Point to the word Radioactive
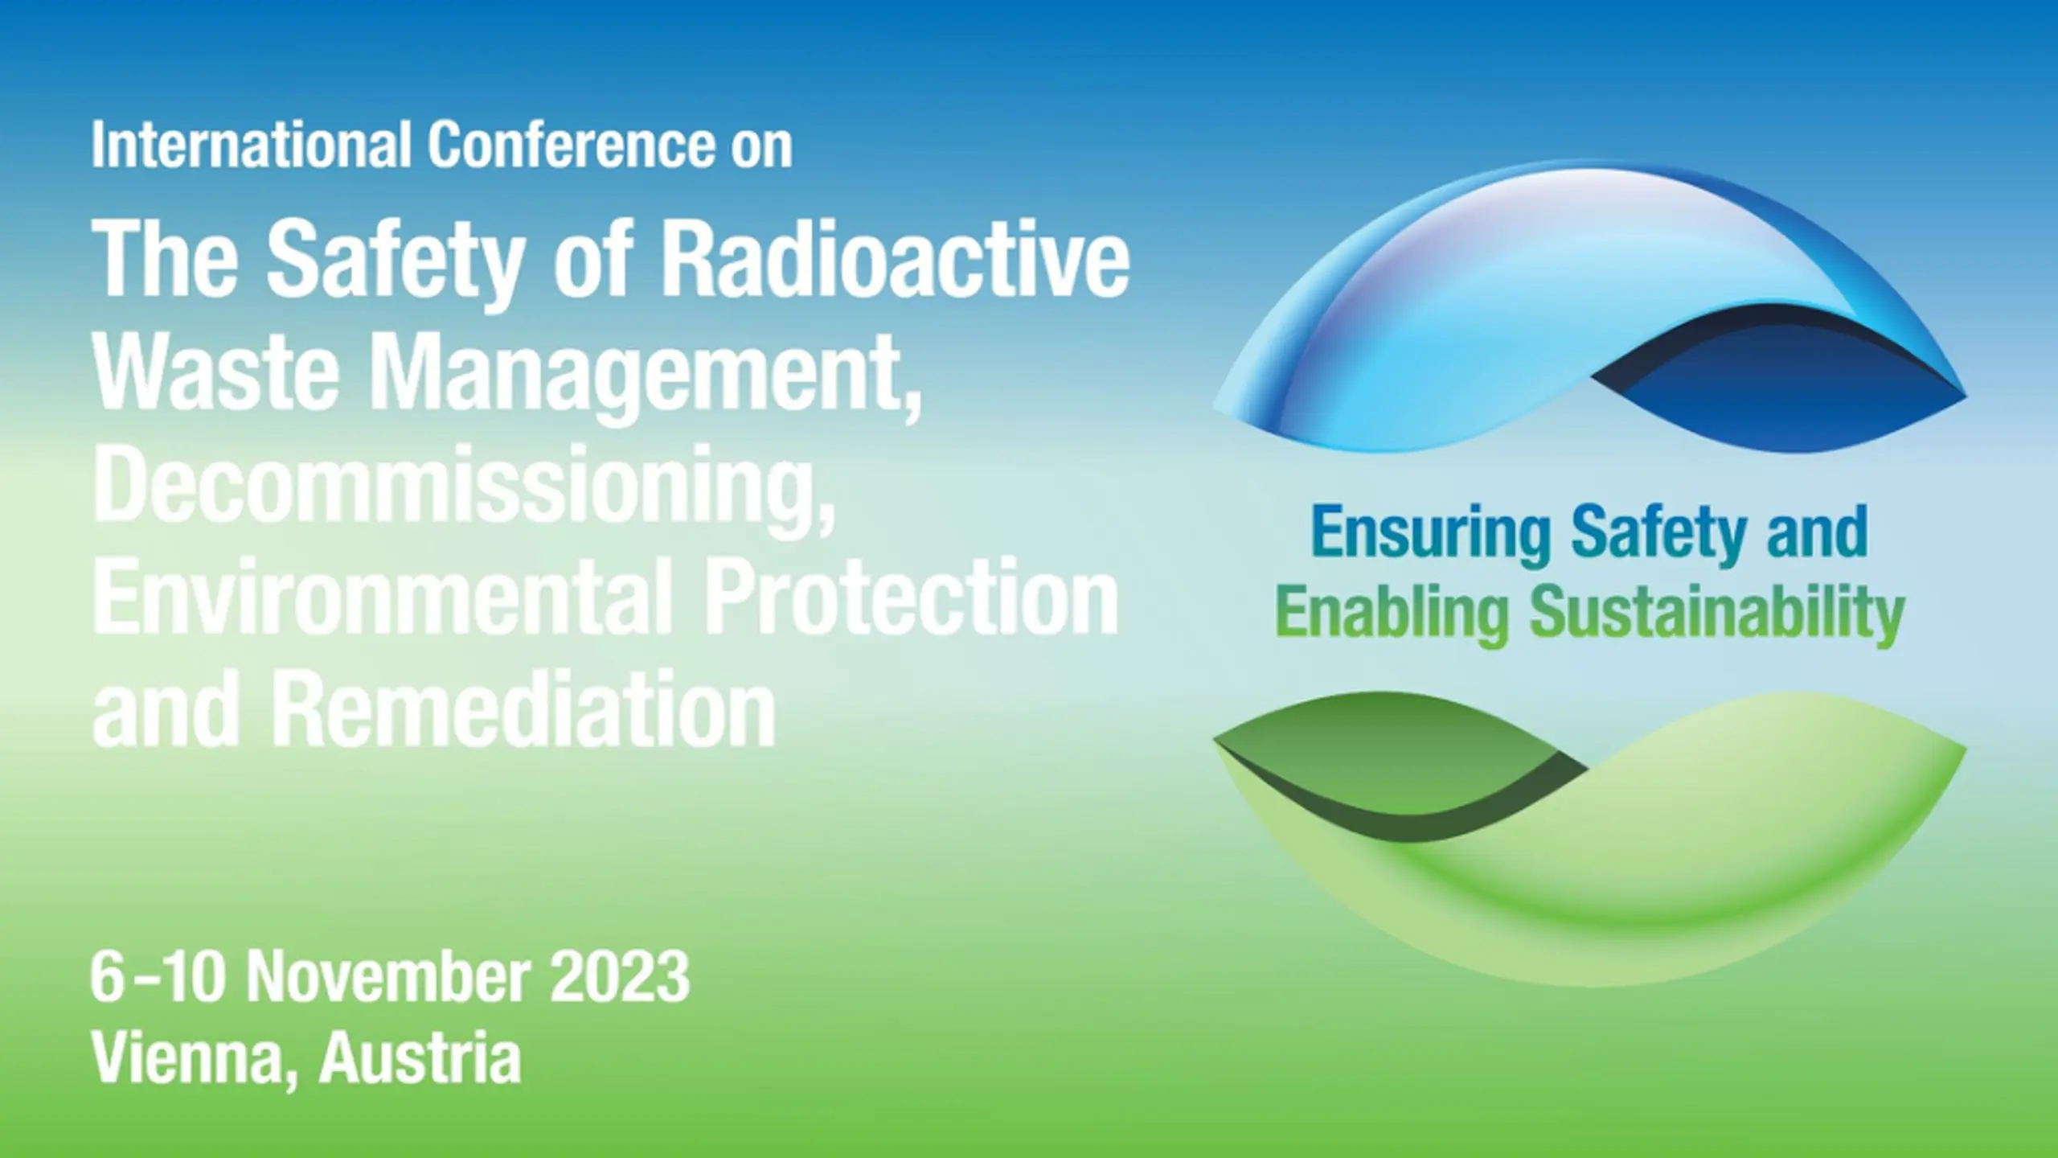click(x=895, y=259)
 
